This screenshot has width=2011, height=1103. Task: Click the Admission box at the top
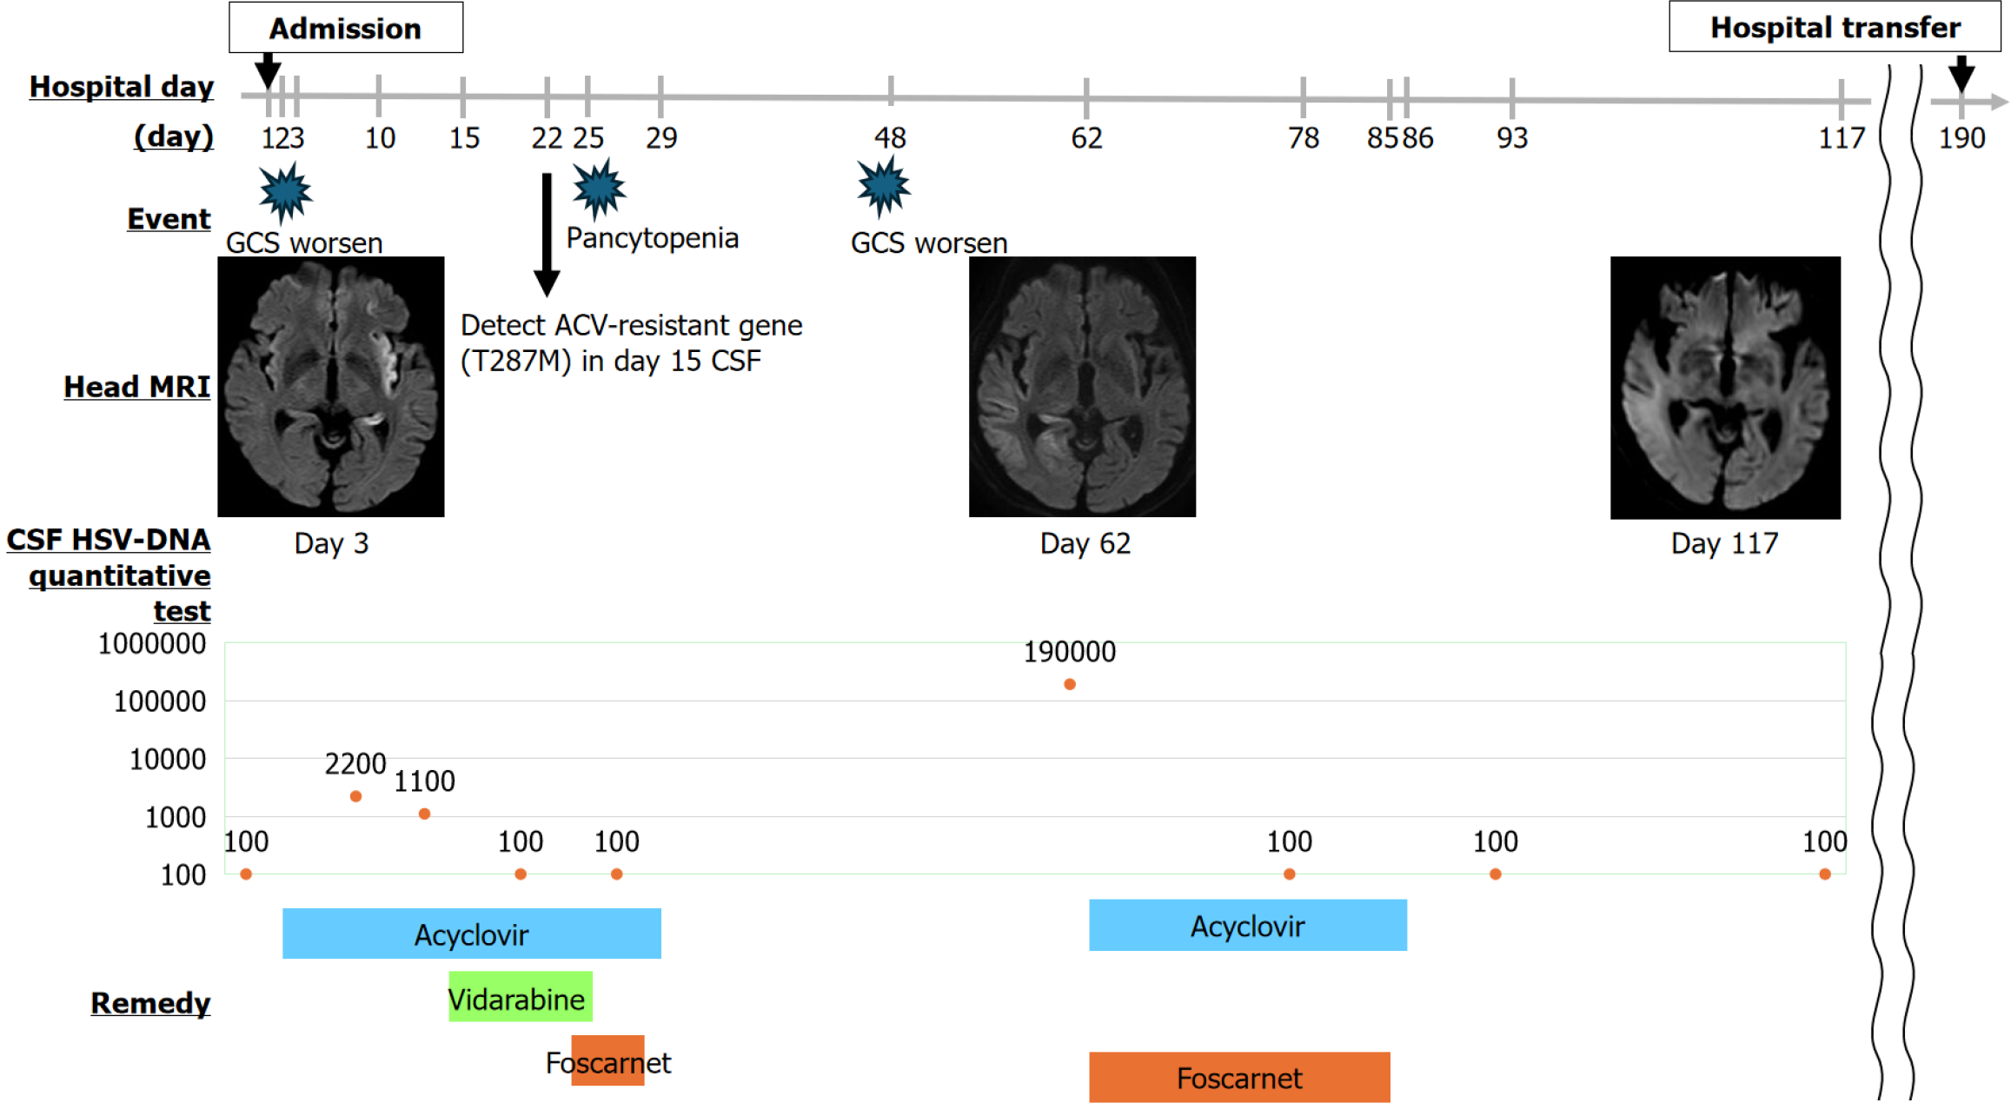coord(346,28)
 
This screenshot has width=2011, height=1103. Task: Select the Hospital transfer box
coord(1835,28)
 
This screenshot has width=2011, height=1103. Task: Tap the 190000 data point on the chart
coord(1070,685)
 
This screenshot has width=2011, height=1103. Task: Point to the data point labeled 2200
coord(355,796)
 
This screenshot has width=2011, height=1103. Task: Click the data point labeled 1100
coord(424,814)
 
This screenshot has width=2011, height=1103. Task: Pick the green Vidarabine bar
coord(520,997)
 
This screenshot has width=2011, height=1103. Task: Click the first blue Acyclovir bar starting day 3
coord(471,934)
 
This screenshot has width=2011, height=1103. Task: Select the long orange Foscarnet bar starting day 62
coord(1238,1077)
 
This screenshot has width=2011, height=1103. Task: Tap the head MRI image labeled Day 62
coord(1082,387)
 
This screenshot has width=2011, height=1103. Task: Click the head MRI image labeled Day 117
coord(1725,388)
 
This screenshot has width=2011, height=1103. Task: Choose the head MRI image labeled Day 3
coord(330,387)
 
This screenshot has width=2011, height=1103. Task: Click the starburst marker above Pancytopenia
coord(599,188)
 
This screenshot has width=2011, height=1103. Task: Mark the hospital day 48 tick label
coord(890,137)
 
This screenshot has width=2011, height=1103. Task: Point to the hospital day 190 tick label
coord(1961,137)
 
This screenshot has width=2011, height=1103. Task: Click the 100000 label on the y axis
coord(160,701)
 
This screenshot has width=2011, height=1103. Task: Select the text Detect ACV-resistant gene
coord(631,326)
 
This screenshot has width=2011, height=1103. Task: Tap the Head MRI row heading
coord(136,387)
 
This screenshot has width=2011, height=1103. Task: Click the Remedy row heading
coord(150,1003)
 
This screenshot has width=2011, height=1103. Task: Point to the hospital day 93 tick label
coord(1511,137)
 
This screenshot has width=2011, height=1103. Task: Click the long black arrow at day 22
coord(547,235)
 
